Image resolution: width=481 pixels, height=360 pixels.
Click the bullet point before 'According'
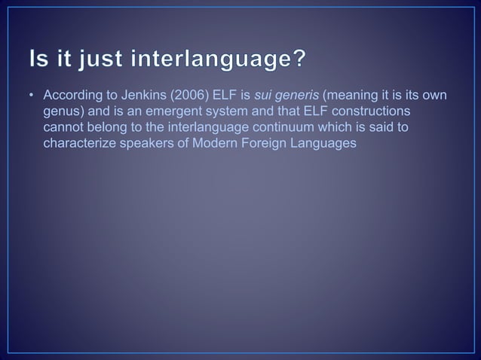point(32,97)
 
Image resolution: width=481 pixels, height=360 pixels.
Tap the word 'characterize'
point(77,142)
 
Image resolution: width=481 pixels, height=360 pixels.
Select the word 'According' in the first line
point(71,97)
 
